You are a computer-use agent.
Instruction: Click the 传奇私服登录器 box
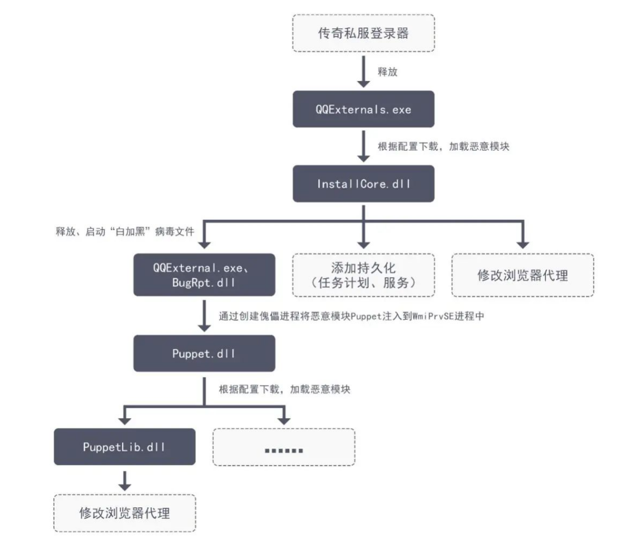click(363, 33)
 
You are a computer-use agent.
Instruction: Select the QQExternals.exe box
click(363, 109)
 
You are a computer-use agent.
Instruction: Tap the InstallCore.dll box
click(363, 183)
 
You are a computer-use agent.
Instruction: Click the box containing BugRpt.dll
click(204, 275)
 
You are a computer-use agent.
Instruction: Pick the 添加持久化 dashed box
click(363, 275)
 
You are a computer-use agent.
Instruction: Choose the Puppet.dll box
click(204, 353)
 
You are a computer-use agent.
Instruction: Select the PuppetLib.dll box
click(125, 447)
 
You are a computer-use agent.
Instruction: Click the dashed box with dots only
click(284, 447)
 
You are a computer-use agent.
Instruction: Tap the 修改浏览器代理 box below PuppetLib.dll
click(125, 513)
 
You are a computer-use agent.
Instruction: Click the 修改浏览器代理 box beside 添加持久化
click(523, 275)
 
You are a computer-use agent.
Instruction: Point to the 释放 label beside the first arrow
click(387, 71)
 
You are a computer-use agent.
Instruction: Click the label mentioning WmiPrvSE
click(351, 316)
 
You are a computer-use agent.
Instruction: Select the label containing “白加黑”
click(125, 231)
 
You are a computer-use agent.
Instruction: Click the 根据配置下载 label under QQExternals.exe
click(443, 147)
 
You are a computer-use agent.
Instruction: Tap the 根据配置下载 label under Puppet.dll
click(284, 389)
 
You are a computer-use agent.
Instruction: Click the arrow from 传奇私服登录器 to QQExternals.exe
click(363, 71)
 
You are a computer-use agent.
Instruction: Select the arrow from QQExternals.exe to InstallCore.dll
click(363, 146)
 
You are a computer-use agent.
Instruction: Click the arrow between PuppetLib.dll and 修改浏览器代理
click(125, 481)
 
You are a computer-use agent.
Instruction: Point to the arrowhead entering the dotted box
click(284, 421)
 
